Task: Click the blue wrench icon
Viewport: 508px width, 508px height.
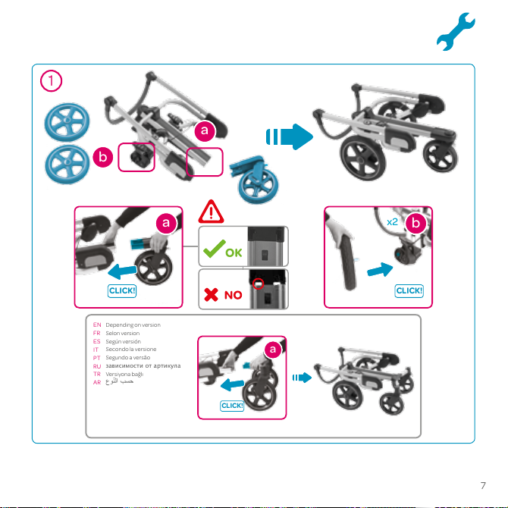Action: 455,32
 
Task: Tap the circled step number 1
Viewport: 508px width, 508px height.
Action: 51,80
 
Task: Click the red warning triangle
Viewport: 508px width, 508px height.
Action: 211,212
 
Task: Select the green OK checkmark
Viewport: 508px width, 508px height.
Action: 214,249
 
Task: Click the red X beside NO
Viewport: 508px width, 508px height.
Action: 212,294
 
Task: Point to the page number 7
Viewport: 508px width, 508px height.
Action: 483,485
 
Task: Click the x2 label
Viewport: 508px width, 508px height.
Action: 392,222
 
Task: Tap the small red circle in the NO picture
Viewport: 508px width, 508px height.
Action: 258,284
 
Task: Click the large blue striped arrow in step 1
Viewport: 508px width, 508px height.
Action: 290,136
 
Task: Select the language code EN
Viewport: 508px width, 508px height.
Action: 97,325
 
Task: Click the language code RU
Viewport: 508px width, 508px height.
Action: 97,366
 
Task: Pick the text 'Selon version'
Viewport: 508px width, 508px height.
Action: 123,333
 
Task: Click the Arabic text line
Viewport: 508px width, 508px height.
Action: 120,381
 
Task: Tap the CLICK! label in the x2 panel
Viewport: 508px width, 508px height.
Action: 409,290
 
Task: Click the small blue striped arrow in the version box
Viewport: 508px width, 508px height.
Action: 302,378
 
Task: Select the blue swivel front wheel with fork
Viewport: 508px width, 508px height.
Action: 255,179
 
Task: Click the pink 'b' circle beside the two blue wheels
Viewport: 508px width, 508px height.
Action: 102,157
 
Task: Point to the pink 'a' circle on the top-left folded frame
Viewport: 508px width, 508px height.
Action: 205,130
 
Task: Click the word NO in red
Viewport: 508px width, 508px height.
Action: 234,295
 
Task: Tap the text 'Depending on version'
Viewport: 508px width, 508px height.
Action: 133,325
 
